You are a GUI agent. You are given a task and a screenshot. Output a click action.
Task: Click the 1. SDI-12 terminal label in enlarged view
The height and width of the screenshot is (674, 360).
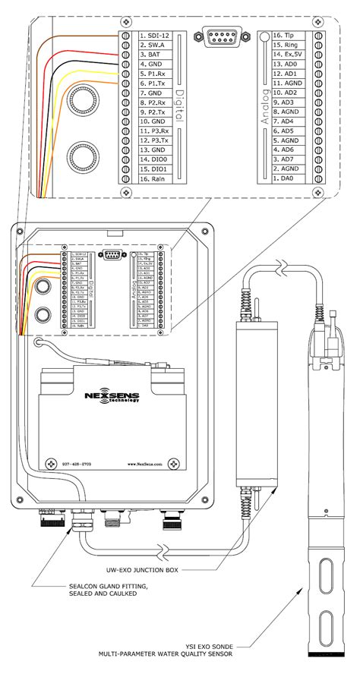[x=153, y=36]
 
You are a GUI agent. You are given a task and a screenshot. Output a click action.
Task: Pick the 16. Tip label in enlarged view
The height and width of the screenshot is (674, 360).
[x=288, y=36]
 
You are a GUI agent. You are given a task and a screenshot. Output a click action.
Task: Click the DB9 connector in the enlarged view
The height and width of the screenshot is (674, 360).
[x=219, y=36]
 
